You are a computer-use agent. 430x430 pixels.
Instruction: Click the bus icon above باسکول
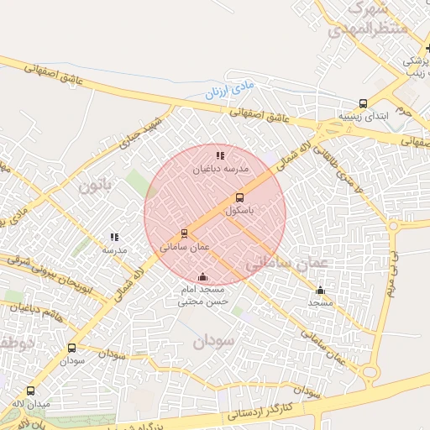coord(239,198)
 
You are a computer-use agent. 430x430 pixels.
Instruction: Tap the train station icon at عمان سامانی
coord(184,233)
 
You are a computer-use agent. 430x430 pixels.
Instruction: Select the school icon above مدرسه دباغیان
coord(220,155)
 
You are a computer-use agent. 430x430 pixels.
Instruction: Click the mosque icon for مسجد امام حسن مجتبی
coord(202,277)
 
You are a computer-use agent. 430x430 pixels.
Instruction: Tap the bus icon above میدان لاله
coord(31,391)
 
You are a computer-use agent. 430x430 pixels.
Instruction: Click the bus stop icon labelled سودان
coord(71,348)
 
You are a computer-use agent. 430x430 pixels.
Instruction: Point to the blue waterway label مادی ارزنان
coord(228,88)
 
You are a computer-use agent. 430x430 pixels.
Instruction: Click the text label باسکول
coord(240,212)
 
